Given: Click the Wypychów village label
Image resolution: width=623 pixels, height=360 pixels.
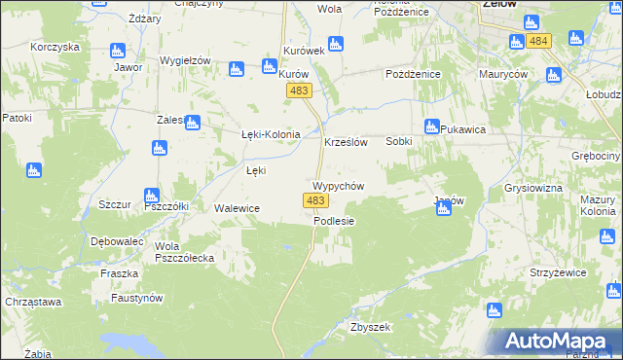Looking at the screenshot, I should pyautogui.click(x=338, y=186).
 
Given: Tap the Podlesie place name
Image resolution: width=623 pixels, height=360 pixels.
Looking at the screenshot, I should pyautogui.click(x=334, y=221).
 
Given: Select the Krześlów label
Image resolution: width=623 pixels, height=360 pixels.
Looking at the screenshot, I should pyautogui.click(x=345, y=142).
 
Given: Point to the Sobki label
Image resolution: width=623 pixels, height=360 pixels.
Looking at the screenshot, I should pyautogui.click(x=399, y=141).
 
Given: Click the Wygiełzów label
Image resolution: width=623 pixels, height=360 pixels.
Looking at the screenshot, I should pyautogui.click(x=186, y=60).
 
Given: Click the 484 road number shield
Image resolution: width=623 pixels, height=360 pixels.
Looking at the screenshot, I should pyautogui.click(x=538, y=40).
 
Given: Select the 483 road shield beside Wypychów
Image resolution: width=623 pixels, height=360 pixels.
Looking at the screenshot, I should pyautogui.click(x=314, y=200).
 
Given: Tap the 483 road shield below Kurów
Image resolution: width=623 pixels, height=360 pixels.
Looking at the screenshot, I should pyautogui.click(x=299, y=90).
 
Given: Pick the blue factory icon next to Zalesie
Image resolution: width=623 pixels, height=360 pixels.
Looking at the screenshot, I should pyautogui.click(x=192, y=124).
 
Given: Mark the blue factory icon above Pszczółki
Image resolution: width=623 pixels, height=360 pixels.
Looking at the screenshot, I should pyautogui.click(x=151, y=195).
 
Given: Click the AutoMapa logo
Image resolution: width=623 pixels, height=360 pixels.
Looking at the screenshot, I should pyautogui.click(x=560, y=342).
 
